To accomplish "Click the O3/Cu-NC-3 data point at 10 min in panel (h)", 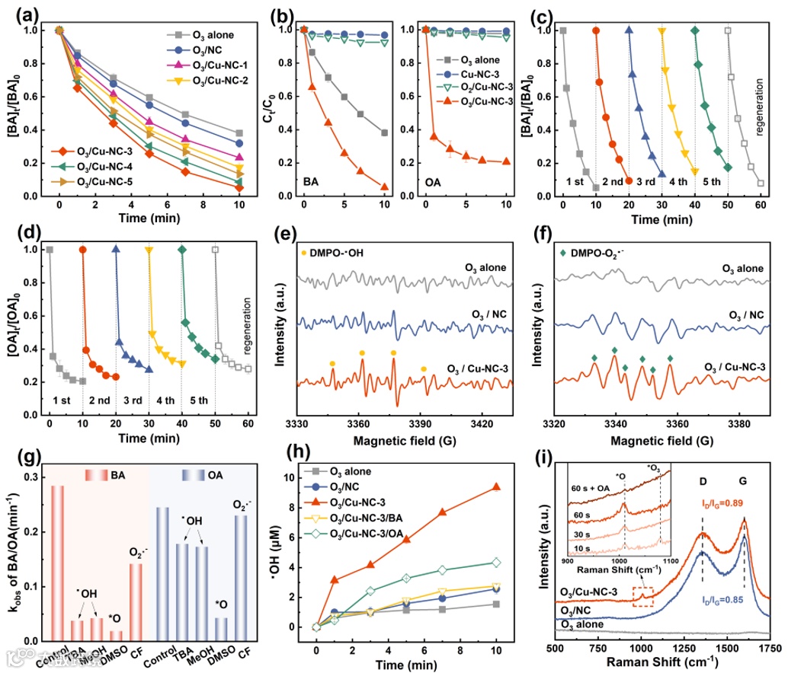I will click(x=496, y=487).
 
